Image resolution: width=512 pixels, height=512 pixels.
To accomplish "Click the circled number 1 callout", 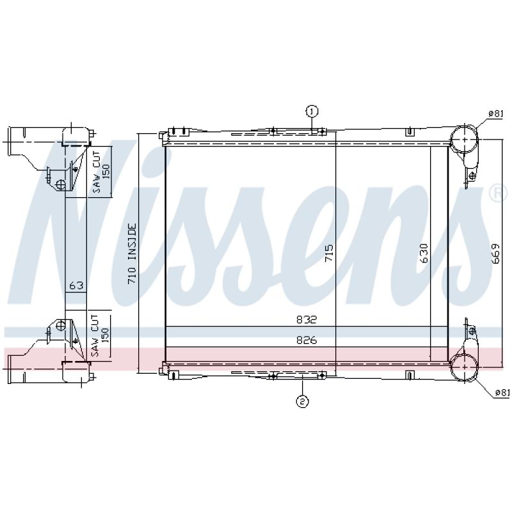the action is pyautogui.click(x=312, y=111).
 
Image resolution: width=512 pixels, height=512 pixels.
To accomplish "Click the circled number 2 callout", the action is pyautogui.click(x=302, y=401).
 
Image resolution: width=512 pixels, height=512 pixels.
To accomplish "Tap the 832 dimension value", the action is pyautogui.click(x=307, y=319).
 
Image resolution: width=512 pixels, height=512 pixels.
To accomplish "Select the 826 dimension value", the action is pyautogui.click(x=307, y=340).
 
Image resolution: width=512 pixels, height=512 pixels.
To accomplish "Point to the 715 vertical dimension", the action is pyautogui.click(x=329, y=253).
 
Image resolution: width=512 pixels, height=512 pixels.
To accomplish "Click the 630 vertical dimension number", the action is pyautogui.click(x=424, y=253).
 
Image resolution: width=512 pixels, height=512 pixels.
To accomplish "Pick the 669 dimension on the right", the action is pyautogui.click(x=495, y=253).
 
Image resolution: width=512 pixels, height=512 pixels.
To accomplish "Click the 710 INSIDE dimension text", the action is pyautogui.click(x=132, y=253).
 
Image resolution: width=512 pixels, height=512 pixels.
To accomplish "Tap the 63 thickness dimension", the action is pyautogui.click(x=76, y=285).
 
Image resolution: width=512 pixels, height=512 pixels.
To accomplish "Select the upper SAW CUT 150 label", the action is pyautogui.click(x=101, y=172).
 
